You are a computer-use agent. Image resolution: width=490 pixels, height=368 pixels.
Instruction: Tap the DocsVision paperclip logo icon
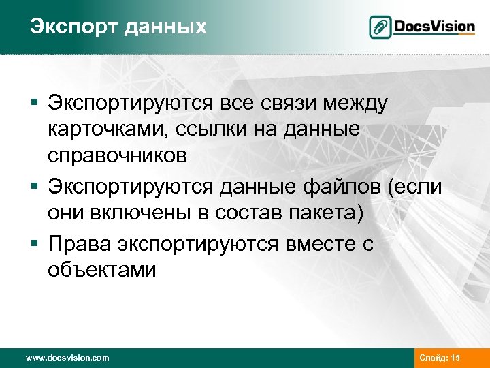(380, 27)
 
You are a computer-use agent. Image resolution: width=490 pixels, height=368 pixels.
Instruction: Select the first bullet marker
(33, 104)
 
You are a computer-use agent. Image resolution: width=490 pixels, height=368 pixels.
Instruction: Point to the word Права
(80, 244)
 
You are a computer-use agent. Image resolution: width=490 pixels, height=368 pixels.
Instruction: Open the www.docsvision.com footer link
(67, 358)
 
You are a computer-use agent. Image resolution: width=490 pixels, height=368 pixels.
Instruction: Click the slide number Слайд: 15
(440, 358)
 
